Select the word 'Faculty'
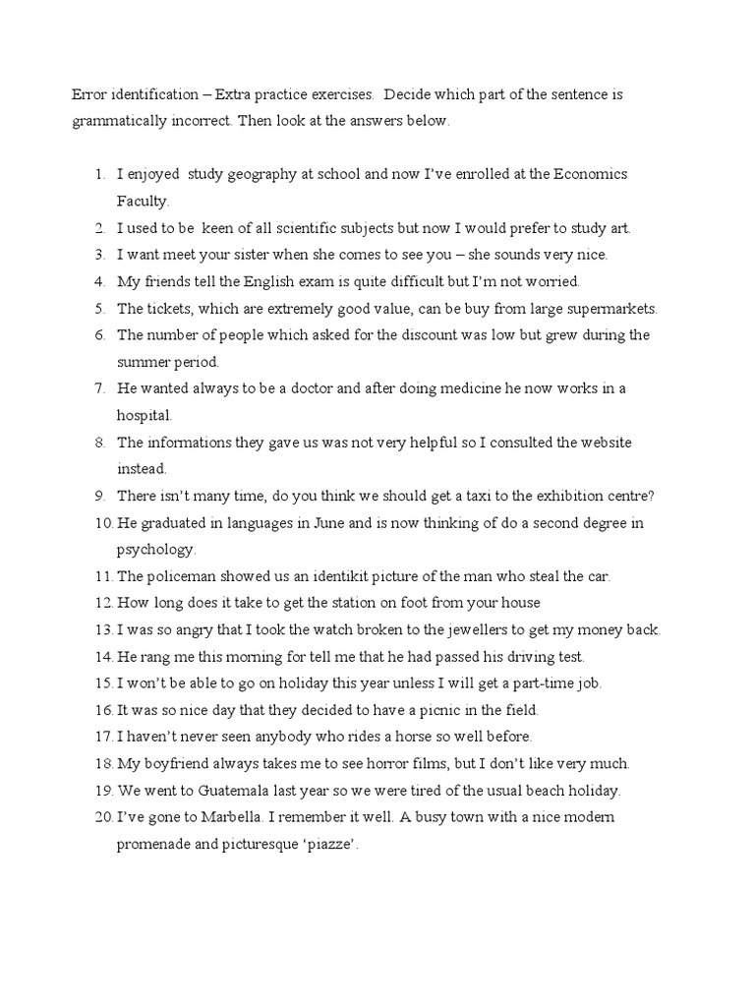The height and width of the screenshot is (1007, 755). click(x=143, y=201)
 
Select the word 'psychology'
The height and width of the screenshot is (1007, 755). click(x=156, y=549)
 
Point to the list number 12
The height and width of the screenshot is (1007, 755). click(x=103, y=603)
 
